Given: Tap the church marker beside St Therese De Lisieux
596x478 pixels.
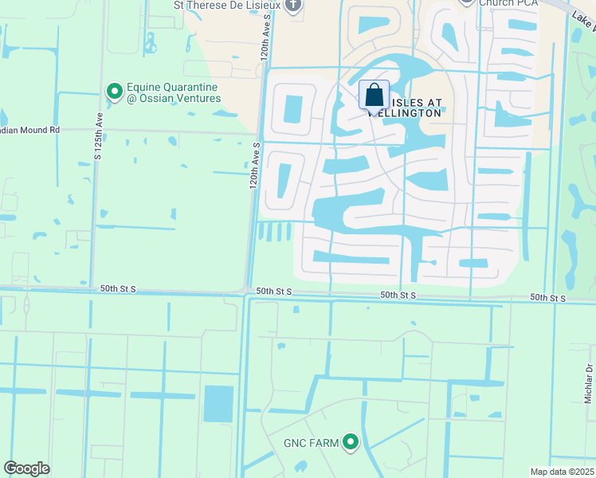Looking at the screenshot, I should tap(293, 6).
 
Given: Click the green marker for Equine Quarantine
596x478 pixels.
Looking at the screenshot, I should tap(113, 92).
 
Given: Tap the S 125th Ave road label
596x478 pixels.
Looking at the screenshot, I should tap(98, 137).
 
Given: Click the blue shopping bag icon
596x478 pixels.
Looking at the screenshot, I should tap(374, 96).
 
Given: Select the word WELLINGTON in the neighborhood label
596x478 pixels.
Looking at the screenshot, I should tap(406, 113).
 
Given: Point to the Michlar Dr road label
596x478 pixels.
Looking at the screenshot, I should tap(590, 382).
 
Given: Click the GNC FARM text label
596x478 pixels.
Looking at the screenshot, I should tap(312, 442).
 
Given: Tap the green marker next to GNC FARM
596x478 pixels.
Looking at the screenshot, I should tap(350, 442).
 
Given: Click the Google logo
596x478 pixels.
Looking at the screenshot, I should tap(27, 468).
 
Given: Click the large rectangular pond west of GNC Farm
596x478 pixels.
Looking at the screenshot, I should tap(218, 403).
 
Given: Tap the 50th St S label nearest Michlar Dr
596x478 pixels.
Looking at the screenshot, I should tap(548, 298).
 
